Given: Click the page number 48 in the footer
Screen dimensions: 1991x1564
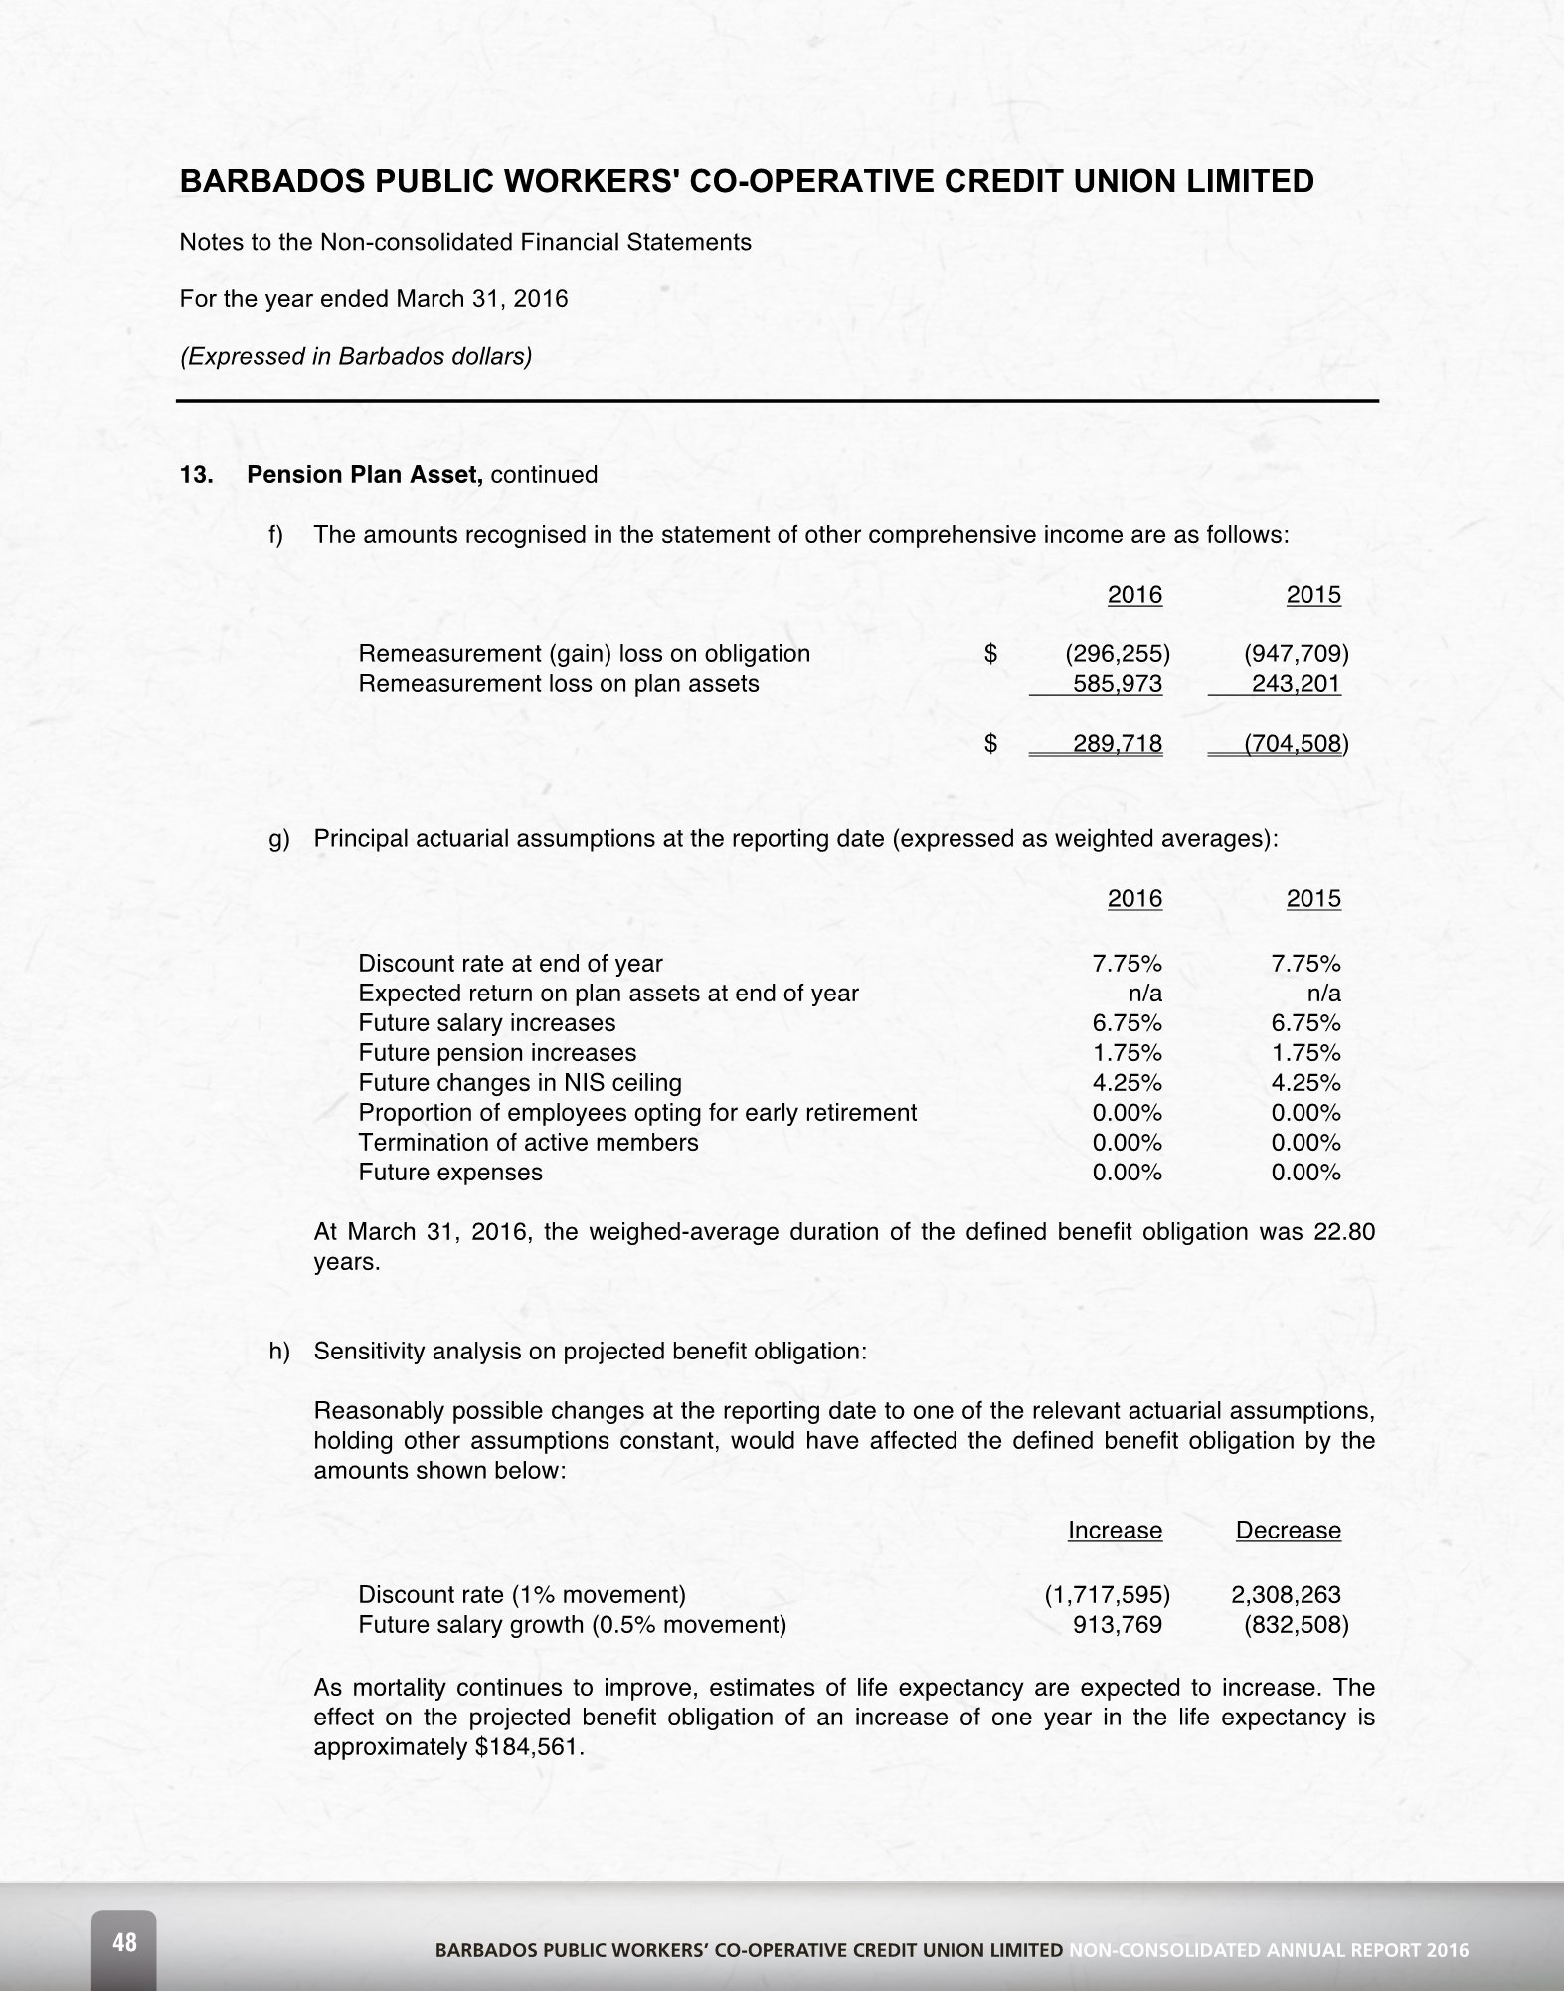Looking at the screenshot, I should point(125,1941).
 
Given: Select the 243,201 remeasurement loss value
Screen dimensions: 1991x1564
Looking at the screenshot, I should point(1296,684).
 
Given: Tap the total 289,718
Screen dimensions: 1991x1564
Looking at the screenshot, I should point(1118,744).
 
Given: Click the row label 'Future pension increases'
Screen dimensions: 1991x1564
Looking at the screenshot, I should point(497,1053).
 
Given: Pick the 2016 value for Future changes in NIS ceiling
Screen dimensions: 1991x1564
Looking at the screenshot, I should point(1127,1083).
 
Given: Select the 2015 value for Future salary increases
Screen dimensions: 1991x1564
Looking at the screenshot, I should point(1305,1023).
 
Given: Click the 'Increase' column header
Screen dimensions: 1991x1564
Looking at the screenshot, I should point(1115,1531).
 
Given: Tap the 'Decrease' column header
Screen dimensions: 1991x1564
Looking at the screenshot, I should point(1288,1531).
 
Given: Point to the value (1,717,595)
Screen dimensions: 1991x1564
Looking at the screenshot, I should point(1107,1595).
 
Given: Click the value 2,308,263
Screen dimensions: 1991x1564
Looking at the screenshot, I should point(1286,1595).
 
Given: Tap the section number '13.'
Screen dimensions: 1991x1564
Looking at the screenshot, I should point(196,475).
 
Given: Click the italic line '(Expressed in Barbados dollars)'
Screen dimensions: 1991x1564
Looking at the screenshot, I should point(355,356).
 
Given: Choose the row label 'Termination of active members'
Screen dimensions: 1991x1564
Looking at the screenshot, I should point(528,1143).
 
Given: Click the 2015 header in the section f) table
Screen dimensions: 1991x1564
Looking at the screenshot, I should point(1313,595).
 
